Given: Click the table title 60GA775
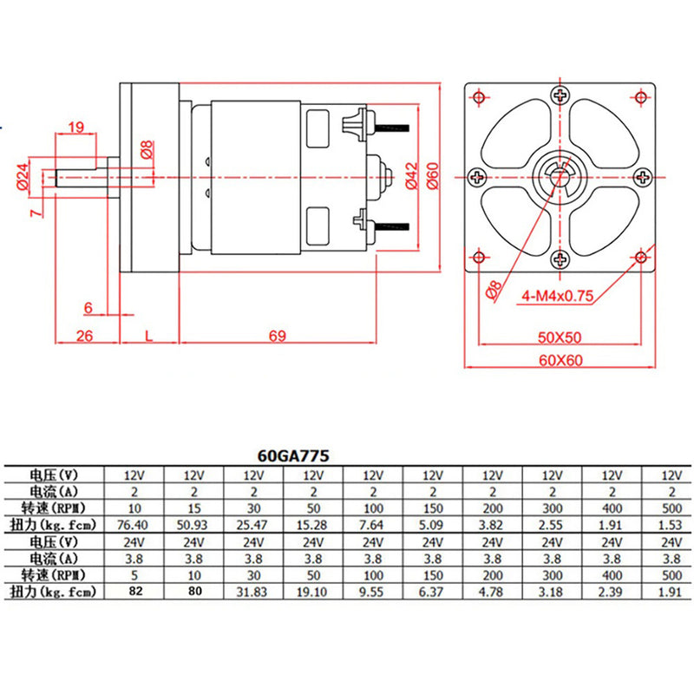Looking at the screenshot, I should [x=291, y=454].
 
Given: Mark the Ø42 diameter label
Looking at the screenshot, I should [x=411, y=175].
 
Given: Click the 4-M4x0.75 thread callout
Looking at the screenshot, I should [x=557, y=296].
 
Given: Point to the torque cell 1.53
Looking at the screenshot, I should [x=669, y=525].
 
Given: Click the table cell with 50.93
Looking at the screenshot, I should [x=193, y=525].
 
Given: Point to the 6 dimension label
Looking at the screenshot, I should [x=88, y=306].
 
